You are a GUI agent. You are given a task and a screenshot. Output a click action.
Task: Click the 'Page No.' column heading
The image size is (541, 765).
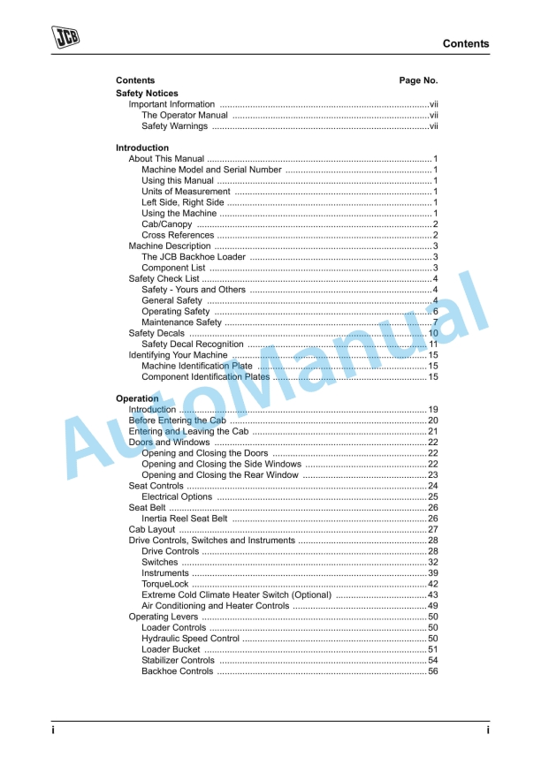click(x=418, y=80)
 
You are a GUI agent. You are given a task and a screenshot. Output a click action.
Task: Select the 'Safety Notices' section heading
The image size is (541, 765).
click(x=147, y=93)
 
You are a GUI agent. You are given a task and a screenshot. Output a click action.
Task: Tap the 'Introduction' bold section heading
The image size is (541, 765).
click(x=142, y=148)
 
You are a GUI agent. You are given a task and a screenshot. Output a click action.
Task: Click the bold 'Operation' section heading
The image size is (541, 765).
click(x=137, y=398)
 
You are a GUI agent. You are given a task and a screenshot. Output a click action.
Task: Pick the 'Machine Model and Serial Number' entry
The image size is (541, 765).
click(x=211, y=170)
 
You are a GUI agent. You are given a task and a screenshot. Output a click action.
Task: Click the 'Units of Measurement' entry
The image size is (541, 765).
click(x=186, y=192)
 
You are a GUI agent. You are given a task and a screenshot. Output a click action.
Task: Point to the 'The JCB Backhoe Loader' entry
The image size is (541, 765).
click(x=194, y=257)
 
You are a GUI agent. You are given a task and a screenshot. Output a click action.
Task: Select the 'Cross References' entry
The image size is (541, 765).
click(x=178, y=235)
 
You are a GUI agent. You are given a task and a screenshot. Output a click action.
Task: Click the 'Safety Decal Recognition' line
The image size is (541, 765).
click(x=192, y=345)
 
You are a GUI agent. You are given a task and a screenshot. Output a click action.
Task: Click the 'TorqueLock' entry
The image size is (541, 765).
click(x=164, y=584)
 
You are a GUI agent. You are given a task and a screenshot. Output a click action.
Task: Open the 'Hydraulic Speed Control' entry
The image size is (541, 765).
click(x=190, y=639)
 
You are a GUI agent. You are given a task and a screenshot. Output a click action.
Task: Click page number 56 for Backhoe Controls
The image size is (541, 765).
click(x=433, y=671)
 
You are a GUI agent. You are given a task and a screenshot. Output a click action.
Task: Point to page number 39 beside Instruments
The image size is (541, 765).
click(x=433, y=573)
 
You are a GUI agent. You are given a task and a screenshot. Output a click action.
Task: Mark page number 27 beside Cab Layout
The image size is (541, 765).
click(x=433, y=530)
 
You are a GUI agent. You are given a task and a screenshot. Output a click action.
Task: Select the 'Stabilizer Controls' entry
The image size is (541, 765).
click(x=178, y=661)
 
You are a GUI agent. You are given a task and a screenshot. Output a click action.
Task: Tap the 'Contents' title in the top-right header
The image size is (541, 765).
click(x=465, y=43)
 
